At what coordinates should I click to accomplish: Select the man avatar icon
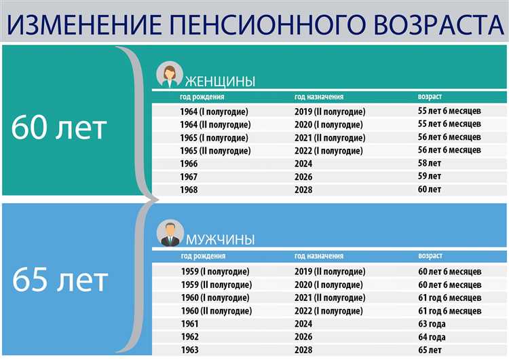(x=169, y=233)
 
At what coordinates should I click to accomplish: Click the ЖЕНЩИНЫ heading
(x=221, y=82)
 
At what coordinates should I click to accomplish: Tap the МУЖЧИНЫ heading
(x=221, y=239)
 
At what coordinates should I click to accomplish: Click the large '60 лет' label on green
(x=59, y=128)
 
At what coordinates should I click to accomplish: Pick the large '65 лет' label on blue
(x=59, y=279)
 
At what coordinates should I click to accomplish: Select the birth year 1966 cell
(x=189, y=164)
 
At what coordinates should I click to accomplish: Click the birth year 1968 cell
(x=189, y=190)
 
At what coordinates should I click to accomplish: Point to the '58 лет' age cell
(x=429, y=164)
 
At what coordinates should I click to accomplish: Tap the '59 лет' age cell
(x=429, y=177)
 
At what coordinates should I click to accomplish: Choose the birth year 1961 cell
(x=189, y=324)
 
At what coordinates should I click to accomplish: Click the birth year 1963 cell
(x=189, y=350)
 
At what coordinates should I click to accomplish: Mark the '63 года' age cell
(x=432, y=324)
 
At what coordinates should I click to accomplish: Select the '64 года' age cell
(x=432, y=337)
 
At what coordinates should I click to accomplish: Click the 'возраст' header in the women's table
(x=430, y=96)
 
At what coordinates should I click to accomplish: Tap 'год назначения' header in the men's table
(x=318, y=256)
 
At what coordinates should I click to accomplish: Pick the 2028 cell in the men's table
(x=303, y=350)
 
